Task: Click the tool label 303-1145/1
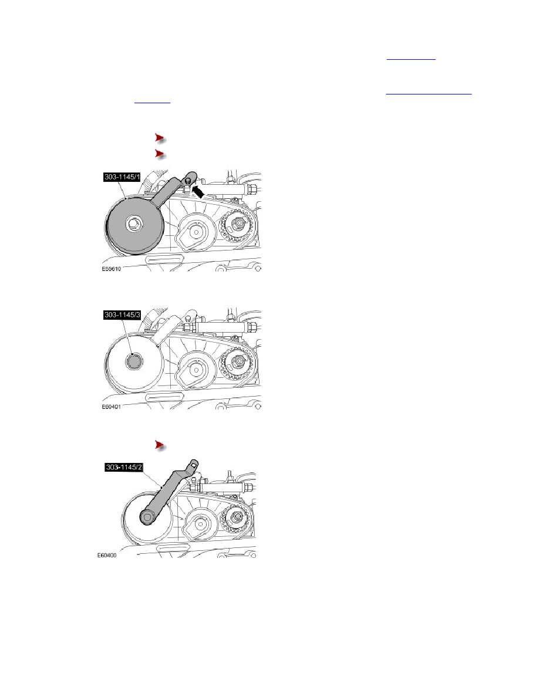point(122,177)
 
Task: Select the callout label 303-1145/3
point(122,314)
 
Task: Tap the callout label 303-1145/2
point(124,467)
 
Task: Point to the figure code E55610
point(111,269)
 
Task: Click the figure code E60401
point(111,407)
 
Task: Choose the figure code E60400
point(107,555)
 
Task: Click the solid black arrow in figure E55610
point(198,192)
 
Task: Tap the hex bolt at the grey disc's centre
point(133,224)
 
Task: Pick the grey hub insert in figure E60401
point(133,361)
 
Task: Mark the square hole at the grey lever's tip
point(193,465)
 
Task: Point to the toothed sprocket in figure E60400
point(235,518)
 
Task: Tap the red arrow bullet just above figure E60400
point(160,445)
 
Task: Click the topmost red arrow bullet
point(160,138)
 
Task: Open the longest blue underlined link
point(429,94)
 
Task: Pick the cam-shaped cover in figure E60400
point(199,524)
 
